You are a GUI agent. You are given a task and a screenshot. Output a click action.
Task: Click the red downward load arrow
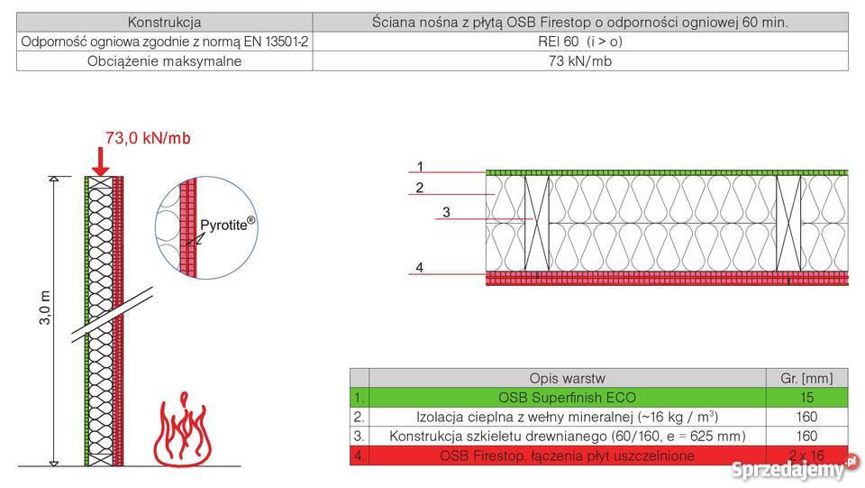tap(101, 162)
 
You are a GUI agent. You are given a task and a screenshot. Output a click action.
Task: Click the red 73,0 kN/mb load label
tap(149, 138)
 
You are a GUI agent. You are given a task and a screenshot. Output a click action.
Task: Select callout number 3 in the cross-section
tap(445, 214)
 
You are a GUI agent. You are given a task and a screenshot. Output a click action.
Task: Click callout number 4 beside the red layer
tap(419, 267)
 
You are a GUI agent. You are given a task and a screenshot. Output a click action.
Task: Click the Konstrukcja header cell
tap(165, 22)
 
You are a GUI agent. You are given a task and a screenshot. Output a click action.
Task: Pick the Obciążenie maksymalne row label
tap(165, 61)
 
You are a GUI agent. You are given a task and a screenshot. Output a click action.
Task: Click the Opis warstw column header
tap(567, 377)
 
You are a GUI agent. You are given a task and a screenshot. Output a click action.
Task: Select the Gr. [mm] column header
tap(806, 377)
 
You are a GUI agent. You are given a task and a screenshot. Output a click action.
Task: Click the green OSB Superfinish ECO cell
tap(567, 397)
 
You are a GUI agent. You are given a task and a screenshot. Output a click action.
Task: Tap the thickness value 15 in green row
tap(806, 397)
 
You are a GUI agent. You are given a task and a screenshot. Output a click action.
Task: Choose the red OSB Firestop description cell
tap(567, 456)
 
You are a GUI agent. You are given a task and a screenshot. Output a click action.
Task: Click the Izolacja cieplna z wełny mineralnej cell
tap(567, 417)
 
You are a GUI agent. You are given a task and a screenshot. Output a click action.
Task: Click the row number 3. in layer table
tap(360, 437)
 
